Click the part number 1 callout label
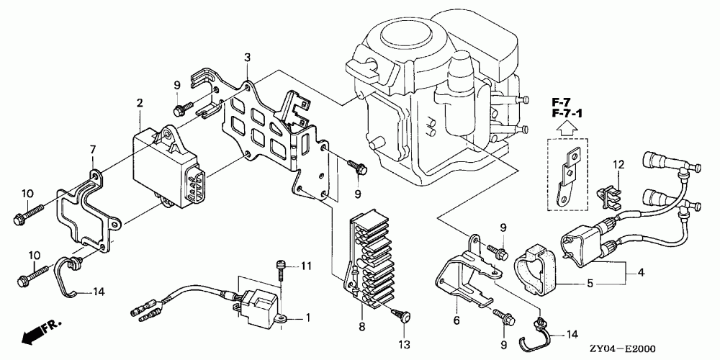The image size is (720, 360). (308, 318)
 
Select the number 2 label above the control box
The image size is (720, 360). (140, 103)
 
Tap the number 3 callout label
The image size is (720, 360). (247, 58)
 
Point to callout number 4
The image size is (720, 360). (641, 273)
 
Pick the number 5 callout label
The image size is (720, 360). (590, 284)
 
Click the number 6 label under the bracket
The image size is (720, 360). (456, 321)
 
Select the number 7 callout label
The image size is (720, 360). (93, 150)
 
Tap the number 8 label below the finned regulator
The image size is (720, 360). (362, 327)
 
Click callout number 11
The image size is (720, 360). (306, 266)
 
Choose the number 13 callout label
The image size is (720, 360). (405, 344)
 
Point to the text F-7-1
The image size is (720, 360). (567, 112)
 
